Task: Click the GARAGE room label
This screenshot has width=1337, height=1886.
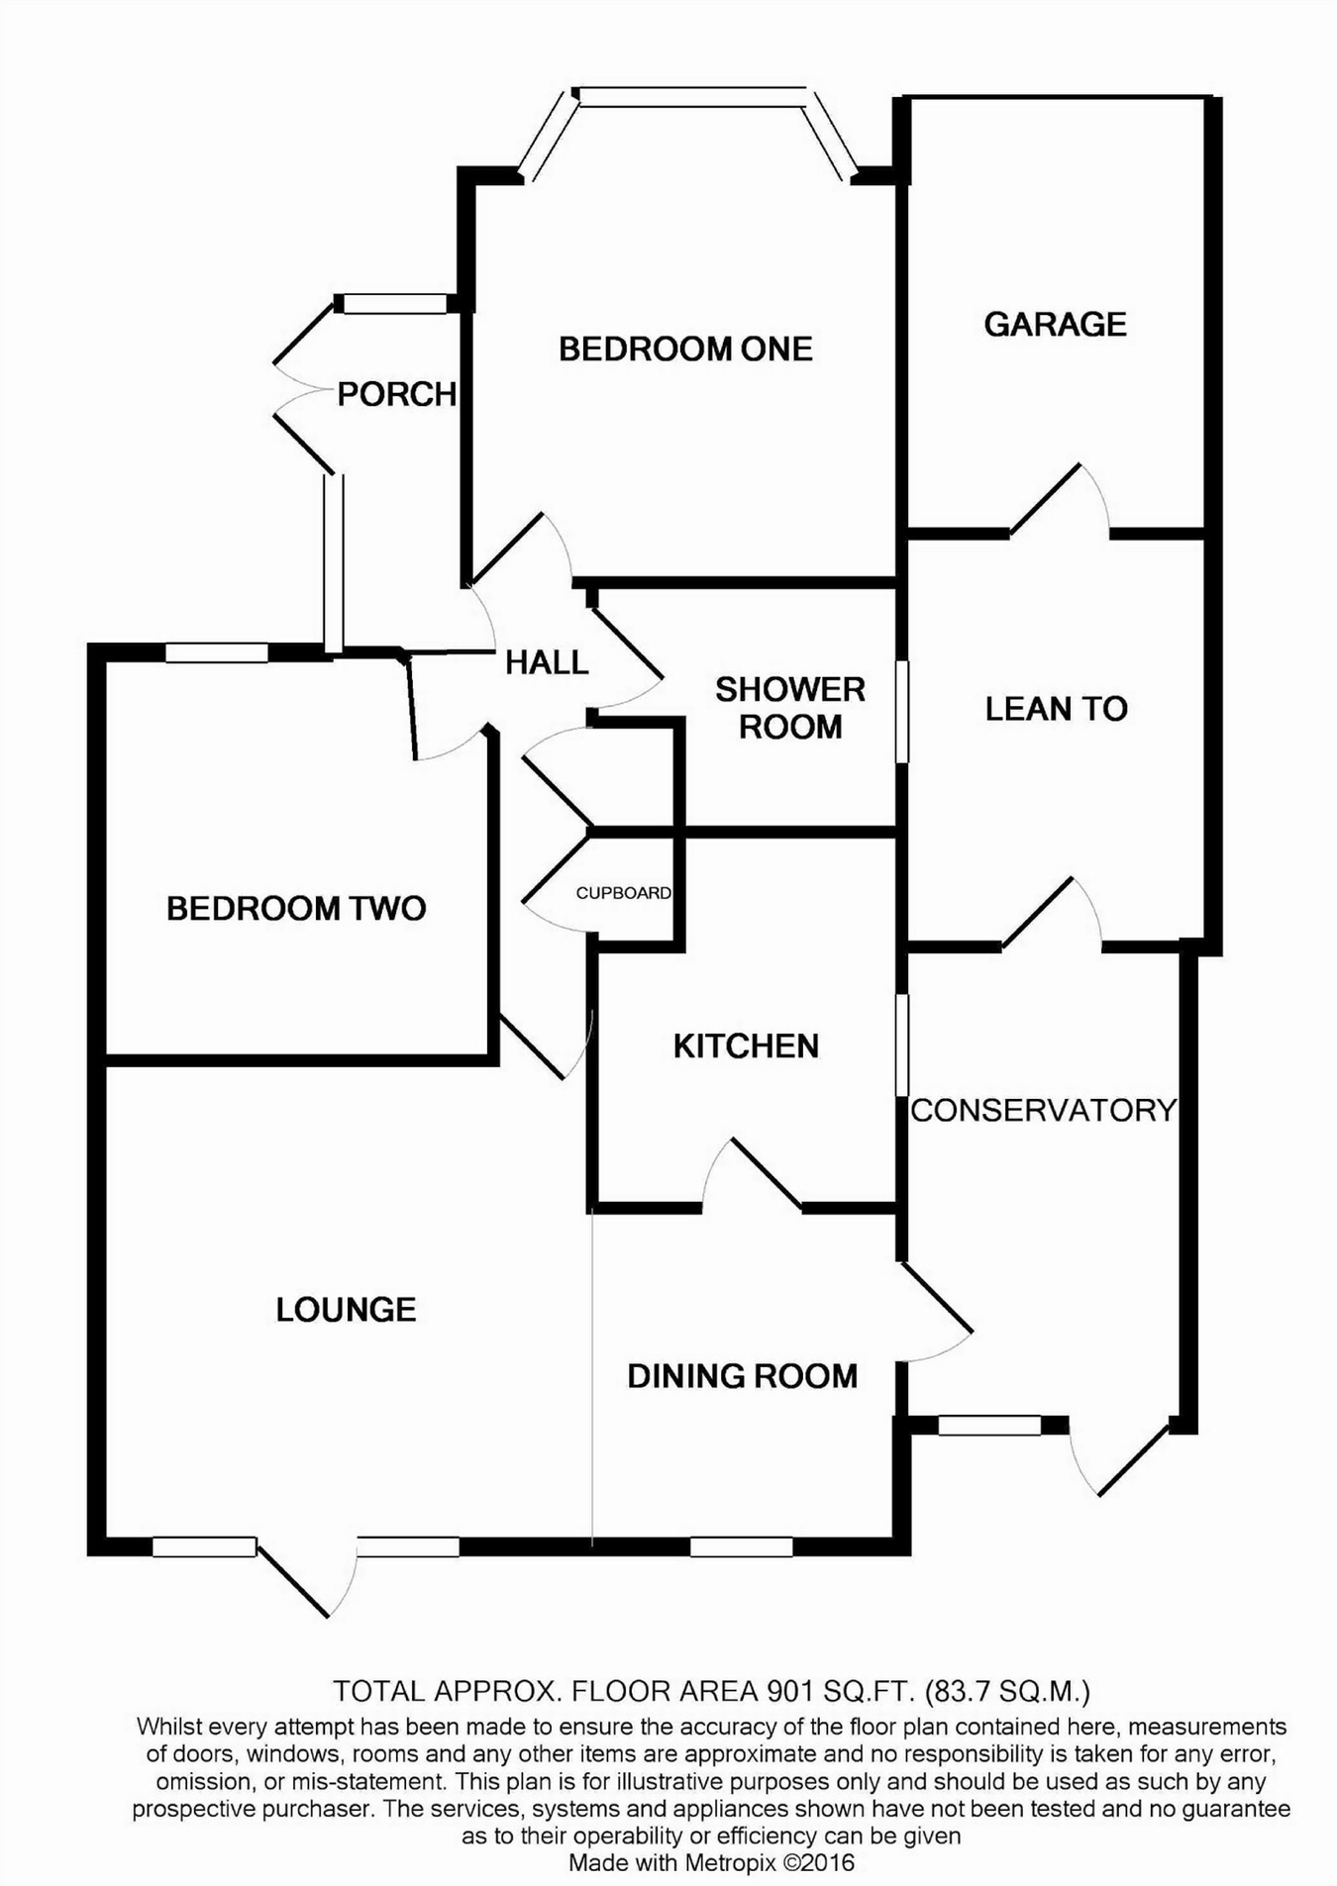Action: (1055, 324)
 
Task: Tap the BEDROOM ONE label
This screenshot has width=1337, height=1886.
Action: (685, 348)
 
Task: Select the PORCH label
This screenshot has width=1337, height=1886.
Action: (396, 394)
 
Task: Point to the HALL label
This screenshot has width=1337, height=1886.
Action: (547, 662)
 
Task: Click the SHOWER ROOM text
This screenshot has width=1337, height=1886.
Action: (790, 708)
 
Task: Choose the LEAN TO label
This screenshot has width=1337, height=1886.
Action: (1056, 709)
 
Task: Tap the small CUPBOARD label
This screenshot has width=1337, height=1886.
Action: (624, 893)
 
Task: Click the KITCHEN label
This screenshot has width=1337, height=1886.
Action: (746, 1046)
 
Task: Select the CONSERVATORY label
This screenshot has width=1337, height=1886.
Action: (1043, 1110)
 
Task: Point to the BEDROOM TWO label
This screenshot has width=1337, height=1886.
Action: (296, 908)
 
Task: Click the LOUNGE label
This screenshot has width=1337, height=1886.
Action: (346, 1310)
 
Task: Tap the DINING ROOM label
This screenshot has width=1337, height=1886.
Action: (742, 1376)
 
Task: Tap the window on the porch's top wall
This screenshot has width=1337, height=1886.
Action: (395, 304)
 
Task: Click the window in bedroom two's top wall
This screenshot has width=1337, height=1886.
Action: (217, 652)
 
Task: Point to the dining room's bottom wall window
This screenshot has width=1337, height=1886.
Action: (741, 1546)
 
